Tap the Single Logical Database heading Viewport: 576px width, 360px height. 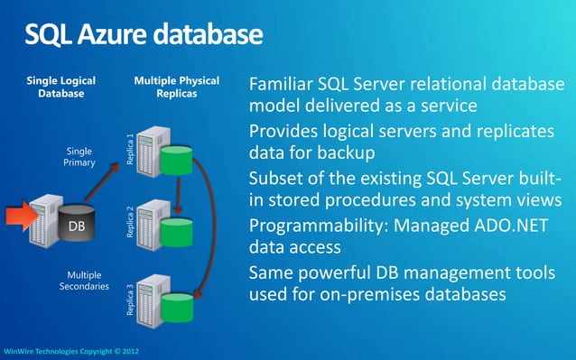pos(61,86)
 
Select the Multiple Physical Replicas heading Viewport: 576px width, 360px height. pos(176,86)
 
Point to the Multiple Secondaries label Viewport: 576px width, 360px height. pos(85,280)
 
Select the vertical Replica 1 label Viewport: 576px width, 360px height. pos(130,148)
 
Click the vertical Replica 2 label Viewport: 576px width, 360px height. pos(130,222)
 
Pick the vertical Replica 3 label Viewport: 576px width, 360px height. pos(130,300)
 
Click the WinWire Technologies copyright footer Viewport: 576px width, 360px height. pos(71,351)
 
